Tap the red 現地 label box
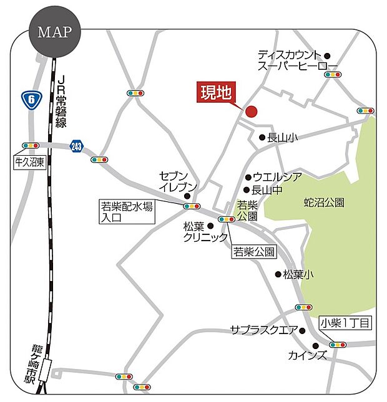216,94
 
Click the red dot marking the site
252,112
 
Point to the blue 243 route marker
76,146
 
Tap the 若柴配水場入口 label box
127,212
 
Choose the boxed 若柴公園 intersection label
254,252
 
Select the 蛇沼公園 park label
324,203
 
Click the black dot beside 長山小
263,138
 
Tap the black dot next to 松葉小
278,274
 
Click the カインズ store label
308,355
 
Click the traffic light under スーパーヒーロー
333,75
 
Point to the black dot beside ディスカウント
327,55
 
